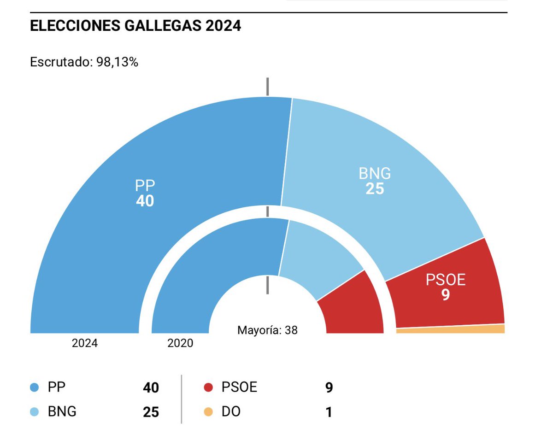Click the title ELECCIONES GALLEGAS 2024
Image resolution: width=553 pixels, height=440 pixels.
pos(135,26)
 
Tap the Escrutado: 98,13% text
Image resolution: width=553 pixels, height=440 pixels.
pos(84,62)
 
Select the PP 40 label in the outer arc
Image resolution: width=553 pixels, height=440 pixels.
pos(145,193)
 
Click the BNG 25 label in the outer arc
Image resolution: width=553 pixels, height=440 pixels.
pos(375,181)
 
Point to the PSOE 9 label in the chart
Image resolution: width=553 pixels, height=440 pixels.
pos(446,287)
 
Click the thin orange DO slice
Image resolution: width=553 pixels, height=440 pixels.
pos(451,329)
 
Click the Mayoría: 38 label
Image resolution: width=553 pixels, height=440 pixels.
pos(267,330)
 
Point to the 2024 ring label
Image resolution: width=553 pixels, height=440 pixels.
pos(85,343)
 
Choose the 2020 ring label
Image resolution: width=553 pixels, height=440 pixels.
pos(180,343)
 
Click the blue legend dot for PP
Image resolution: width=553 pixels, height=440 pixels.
pos(34,387)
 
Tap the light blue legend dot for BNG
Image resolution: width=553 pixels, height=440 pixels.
pos(34,411)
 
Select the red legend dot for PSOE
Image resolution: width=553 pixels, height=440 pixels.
pos(208,387)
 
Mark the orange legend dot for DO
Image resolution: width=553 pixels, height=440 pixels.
pos(208,411)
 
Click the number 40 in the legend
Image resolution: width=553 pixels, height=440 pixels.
pos(151,388)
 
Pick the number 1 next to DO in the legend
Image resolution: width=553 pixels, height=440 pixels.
pos(329,412)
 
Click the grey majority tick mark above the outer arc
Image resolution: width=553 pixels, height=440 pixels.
pos(267,87)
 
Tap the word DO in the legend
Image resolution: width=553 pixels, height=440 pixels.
pos(231,411)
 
